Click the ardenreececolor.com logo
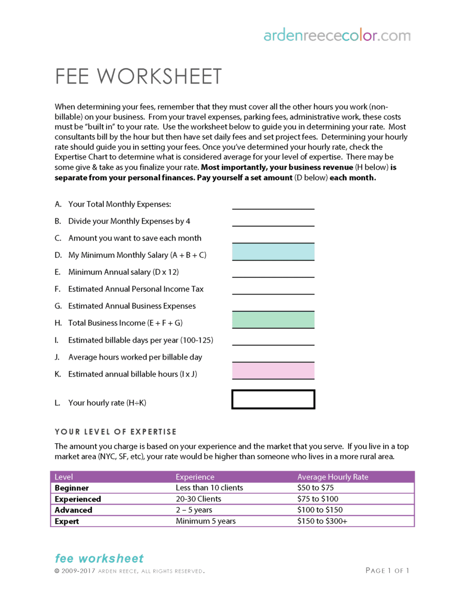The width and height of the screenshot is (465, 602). point(337,36)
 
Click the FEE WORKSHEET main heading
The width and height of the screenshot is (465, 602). point(139,77)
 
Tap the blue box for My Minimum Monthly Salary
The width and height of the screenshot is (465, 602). point(273,252)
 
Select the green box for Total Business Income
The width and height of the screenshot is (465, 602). point(273,320)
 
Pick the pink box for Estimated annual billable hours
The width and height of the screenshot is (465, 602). point(273,371)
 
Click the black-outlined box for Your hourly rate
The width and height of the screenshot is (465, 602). point(273,400)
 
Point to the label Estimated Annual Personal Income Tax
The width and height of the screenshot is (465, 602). point(136,289)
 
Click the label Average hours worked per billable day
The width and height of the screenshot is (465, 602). point(135,357)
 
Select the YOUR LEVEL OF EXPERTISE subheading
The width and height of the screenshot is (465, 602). point(116,432)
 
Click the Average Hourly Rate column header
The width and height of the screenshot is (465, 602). point(333,477)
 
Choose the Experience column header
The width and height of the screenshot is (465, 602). point(195,477)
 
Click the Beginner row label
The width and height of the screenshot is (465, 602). point(72,488)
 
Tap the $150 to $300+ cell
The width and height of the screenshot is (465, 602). point(322,521)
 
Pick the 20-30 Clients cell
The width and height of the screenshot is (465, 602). point(198,499)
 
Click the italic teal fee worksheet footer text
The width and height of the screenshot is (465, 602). point(99,559)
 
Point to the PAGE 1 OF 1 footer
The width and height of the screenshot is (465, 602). point(387,571)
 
